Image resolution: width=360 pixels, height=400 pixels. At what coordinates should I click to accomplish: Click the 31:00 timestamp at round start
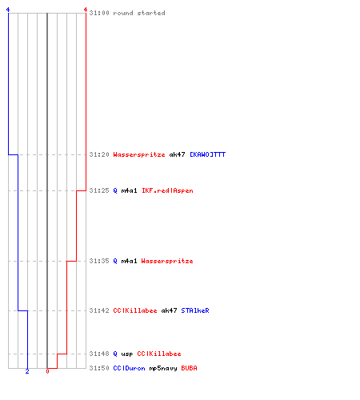[x=99, y=13]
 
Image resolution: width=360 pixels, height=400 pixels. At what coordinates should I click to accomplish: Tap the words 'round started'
[x=139, y=13]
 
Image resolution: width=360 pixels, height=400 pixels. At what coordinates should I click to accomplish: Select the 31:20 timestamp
[x=99, y=154]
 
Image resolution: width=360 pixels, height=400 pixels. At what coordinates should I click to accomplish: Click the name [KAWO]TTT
[x=207, y=154]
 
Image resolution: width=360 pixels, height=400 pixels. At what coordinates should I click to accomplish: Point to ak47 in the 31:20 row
[x=177, y=154]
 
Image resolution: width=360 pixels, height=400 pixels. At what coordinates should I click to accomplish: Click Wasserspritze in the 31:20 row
[x=139, y=154]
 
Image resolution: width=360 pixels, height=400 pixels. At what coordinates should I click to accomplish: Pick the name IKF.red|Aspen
[x=167, y=190]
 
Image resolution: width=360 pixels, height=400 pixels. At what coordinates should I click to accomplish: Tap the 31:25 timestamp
[x=99, y=190]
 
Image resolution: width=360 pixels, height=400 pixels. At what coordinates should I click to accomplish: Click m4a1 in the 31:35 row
[x=129, y=261]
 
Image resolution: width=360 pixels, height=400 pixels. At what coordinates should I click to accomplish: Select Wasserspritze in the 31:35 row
[x=167, y=261]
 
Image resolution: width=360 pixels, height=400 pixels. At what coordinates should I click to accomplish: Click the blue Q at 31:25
[x=115, y=190]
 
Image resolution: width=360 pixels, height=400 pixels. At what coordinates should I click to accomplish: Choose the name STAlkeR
[x=195, y=310]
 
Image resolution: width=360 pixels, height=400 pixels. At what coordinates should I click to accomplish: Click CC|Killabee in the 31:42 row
[x=135, y=310]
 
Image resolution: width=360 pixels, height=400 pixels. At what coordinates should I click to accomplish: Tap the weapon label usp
[x=127, y=354]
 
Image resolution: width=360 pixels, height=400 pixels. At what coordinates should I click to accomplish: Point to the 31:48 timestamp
[x=99, y=354]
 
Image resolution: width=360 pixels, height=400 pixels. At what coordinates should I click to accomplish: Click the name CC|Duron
[x=129, y=368]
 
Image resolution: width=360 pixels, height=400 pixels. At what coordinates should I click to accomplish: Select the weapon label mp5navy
[x=163, y=369]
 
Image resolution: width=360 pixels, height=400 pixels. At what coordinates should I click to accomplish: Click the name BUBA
[x=189, y=368]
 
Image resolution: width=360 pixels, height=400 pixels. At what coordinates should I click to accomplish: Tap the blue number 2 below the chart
[x=27, y=371]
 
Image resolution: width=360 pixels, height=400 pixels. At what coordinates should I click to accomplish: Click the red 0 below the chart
[x=47, y=371]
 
